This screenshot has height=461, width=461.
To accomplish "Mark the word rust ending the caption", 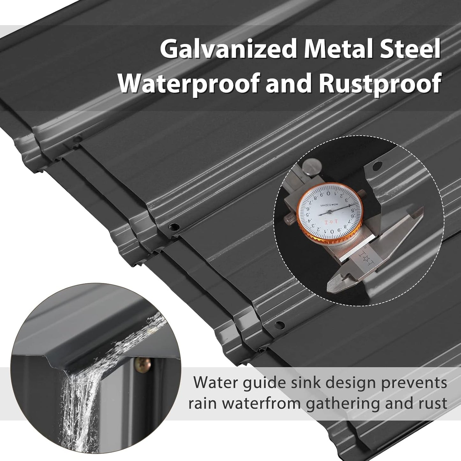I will point(432,404).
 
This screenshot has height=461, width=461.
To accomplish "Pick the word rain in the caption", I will point(200,404).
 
